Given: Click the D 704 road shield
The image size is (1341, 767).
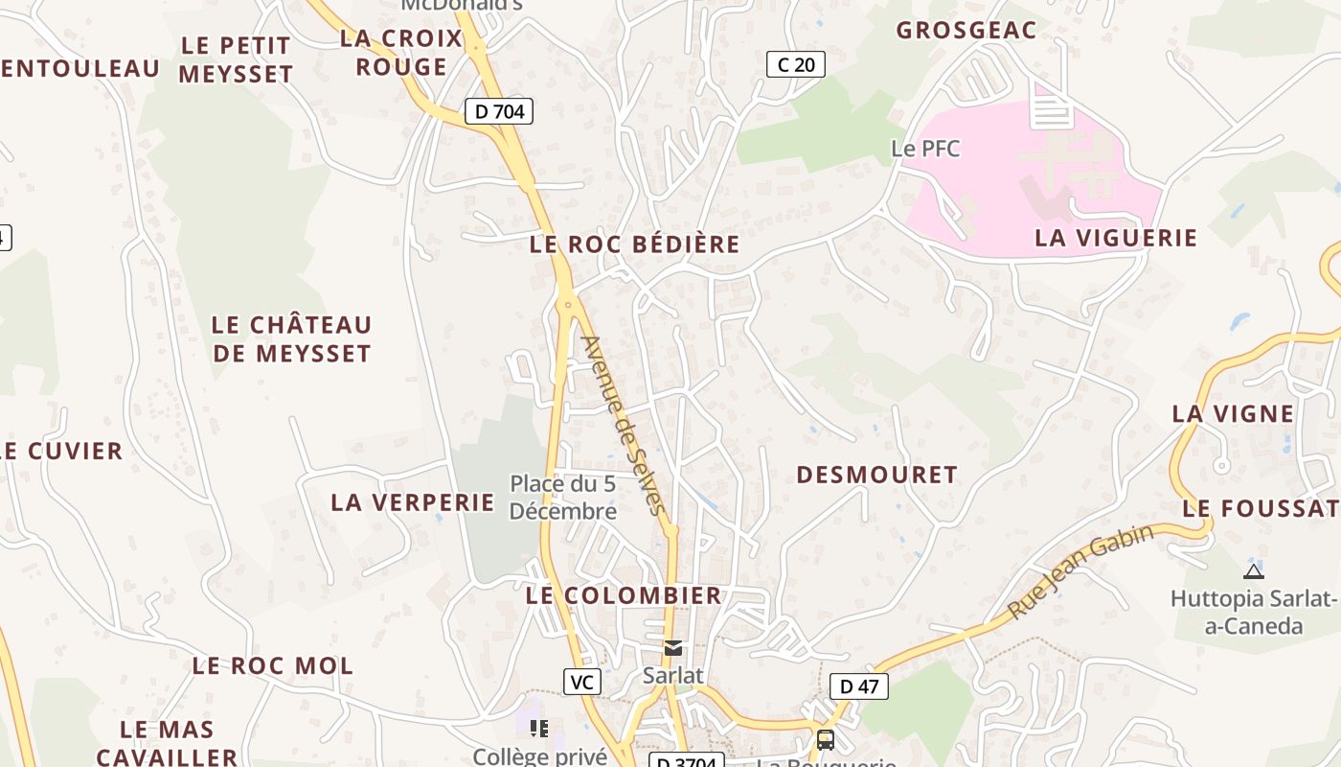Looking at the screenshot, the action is tap(499, 111).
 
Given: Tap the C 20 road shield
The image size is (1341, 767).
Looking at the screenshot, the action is tap(795, 64).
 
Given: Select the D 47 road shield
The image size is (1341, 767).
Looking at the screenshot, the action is tap(858, 686).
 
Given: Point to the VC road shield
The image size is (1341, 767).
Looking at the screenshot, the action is tap(581, 682).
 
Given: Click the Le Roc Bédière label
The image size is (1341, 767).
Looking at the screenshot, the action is tap(635, 244).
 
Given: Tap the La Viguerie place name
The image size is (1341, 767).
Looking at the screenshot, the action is tap(1116, 238).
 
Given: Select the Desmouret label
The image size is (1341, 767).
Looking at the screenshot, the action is tap(876, 475).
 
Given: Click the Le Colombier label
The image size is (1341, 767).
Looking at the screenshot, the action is tap(624, 595).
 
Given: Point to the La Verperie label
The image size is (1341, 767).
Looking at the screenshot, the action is tap(413, 502).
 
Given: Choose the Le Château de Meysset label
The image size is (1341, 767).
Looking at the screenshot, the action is tap(291, 338).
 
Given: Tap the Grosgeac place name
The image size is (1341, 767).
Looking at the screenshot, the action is tap(966, 31).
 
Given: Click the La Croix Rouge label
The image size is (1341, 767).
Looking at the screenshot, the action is tap(401, 53).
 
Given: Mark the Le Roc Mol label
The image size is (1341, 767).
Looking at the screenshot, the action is tap(273, 665).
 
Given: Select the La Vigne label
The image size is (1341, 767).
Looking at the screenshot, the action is tap(1233, 413).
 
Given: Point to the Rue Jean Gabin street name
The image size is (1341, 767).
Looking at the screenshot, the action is tap(1080, 572).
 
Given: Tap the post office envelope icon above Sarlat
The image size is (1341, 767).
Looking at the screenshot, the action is tap(673, 648).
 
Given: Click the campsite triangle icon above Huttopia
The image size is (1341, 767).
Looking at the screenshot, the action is tap(1253, 571).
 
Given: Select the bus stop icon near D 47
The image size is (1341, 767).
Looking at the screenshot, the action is tap(825, 739).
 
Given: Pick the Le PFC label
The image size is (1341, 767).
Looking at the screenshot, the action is tap(925, 149).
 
